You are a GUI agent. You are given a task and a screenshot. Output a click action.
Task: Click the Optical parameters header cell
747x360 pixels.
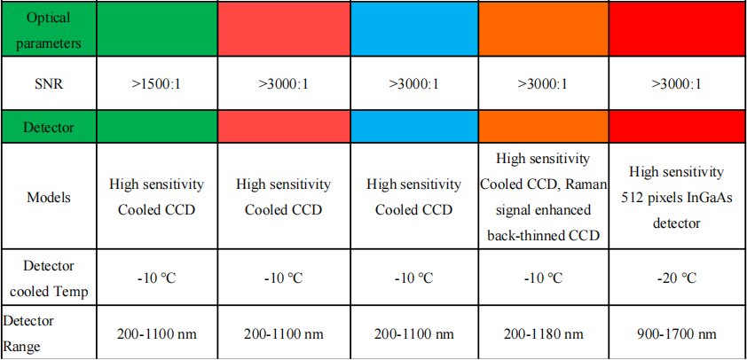pos(46,29)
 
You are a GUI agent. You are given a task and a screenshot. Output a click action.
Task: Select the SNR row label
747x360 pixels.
pos(46,85)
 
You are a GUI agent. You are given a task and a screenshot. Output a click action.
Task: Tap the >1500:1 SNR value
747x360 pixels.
pos(156,85)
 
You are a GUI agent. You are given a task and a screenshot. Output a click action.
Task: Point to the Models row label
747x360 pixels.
pos(46,198)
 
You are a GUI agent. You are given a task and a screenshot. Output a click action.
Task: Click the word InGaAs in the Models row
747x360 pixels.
pos(700,197)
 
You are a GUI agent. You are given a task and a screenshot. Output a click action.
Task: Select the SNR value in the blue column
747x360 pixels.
pos(413,85)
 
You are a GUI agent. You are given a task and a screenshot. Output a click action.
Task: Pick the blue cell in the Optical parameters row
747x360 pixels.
pos(413,29)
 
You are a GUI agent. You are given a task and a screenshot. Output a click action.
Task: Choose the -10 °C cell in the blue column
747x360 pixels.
pos(413,278)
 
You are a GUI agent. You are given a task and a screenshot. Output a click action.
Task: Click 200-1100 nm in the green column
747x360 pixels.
pos(156,333)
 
